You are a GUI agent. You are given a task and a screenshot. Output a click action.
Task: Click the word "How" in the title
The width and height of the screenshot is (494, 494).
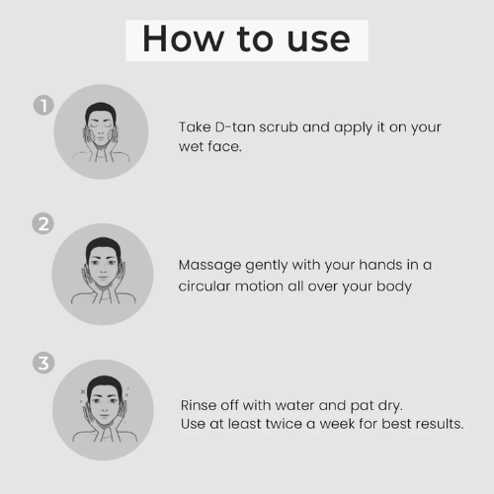(183, 39)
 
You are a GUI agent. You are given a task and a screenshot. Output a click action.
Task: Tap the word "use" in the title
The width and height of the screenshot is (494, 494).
(318, 41)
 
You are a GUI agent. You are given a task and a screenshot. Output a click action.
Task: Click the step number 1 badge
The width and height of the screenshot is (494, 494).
(43, 106)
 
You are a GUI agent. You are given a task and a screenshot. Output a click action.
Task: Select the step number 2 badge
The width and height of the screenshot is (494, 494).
(43, 223)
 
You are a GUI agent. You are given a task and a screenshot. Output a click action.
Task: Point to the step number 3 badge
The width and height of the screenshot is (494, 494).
(43, 364)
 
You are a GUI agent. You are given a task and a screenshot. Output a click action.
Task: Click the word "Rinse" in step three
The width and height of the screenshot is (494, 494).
(198, 405)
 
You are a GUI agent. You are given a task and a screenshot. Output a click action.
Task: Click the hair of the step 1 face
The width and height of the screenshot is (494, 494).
(101, 111)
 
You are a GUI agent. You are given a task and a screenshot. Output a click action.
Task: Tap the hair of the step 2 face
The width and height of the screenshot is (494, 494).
(103, 246)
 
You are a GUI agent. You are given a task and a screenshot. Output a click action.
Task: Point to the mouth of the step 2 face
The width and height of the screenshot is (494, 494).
(103, 278)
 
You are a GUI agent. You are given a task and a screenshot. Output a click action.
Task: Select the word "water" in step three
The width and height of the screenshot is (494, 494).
(294, 405)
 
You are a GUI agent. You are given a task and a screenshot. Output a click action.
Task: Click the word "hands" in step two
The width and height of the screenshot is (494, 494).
(380, 265)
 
